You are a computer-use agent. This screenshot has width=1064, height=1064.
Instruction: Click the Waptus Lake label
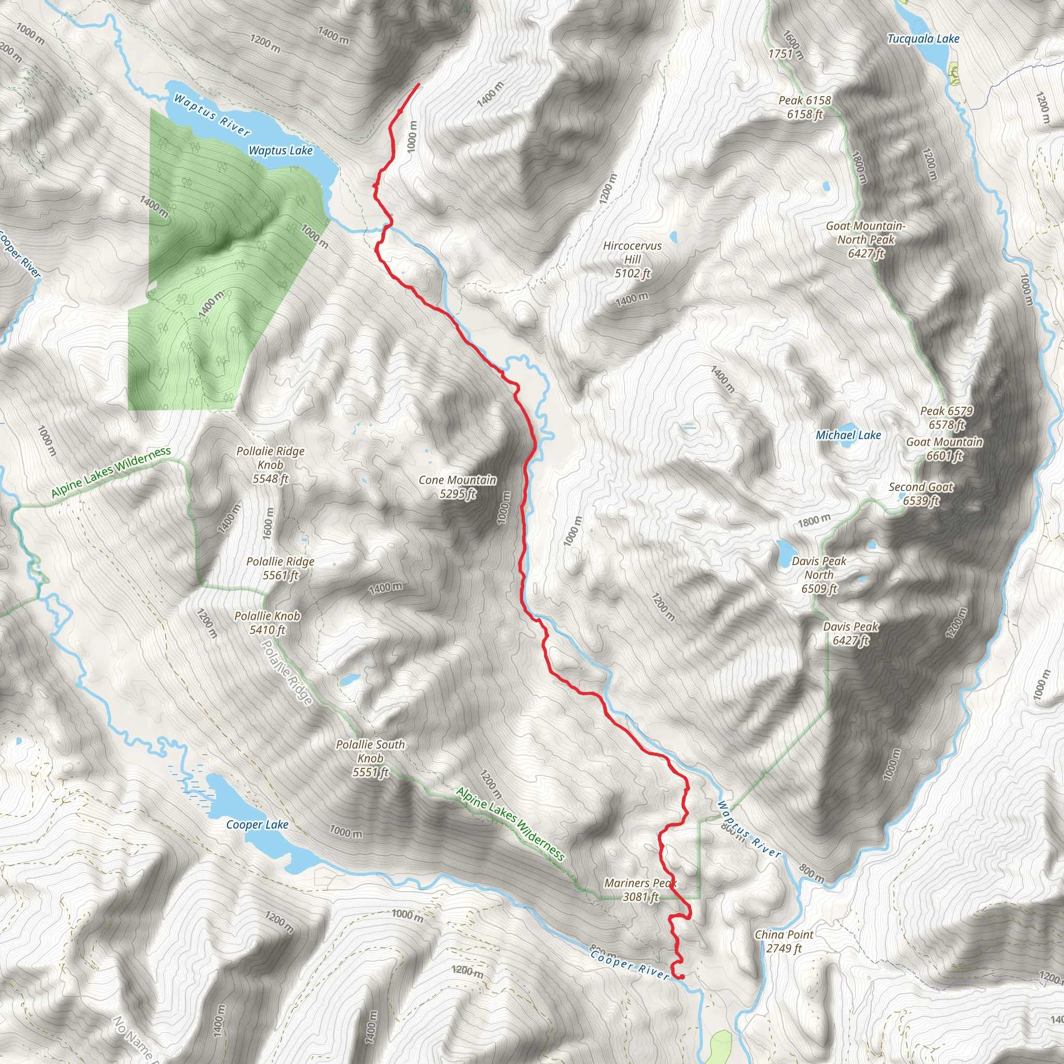coord(281,150)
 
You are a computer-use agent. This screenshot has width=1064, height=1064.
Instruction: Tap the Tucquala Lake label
coord(923,38)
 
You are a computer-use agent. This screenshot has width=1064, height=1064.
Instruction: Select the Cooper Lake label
coord(257,824)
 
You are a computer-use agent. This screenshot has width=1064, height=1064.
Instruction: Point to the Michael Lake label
coord(848,435)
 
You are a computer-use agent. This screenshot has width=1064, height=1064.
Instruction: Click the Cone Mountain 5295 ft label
coord(457,487)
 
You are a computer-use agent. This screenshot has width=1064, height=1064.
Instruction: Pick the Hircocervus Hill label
coord(632,259)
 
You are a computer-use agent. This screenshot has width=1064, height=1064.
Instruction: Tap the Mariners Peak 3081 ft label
coord(641,890)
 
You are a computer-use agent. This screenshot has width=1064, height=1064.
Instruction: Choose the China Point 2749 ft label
coord(783,941)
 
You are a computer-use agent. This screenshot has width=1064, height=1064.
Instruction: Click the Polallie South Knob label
coord(370,759)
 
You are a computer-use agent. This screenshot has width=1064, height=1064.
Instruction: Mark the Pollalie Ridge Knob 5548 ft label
coord(270,465)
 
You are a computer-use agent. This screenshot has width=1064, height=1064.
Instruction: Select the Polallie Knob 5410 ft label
coord(267,623)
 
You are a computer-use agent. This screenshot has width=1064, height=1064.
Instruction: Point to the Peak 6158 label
coord(805,107)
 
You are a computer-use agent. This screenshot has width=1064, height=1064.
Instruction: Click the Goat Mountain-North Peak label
coord(865,240)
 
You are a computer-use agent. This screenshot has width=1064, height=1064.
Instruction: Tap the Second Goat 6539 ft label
coord(921,494)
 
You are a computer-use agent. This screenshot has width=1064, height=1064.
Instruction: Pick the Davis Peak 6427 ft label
coord(851,633)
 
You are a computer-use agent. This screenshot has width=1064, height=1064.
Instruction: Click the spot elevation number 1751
coord(780,54)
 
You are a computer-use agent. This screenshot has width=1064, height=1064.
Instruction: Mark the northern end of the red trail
coord(419,84)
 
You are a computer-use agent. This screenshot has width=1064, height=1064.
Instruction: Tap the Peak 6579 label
coord(947,418)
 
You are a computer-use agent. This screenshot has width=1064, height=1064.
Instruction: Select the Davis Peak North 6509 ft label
coord(819,575)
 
